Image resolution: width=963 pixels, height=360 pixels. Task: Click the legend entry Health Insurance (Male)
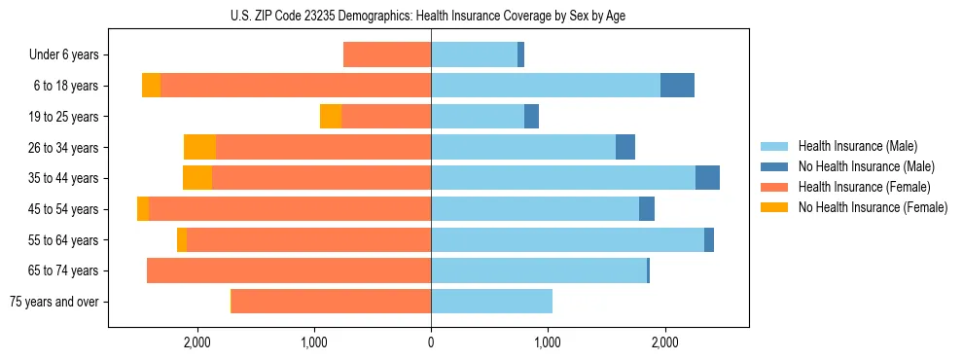[857, 146]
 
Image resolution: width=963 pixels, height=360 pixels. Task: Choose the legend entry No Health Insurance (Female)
[873, 207]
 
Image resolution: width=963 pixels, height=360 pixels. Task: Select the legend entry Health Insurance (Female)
[864, 187]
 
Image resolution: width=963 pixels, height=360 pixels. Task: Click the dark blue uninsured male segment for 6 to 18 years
[677, 86]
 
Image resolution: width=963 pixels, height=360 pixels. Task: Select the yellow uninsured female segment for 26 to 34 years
[199, 147]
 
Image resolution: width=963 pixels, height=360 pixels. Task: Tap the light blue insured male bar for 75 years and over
[491, 302]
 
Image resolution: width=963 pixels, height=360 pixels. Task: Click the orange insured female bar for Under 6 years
[387, 55]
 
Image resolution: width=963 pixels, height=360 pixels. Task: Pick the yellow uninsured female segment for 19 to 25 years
[331, 117]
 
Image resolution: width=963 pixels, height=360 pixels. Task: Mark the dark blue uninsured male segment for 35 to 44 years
[707, 178]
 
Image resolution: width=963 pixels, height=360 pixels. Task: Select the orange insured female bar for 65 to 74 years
[289, 270]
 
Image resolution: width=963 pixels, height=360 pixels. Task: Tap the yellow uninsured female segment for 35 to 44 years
[197, 178]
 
